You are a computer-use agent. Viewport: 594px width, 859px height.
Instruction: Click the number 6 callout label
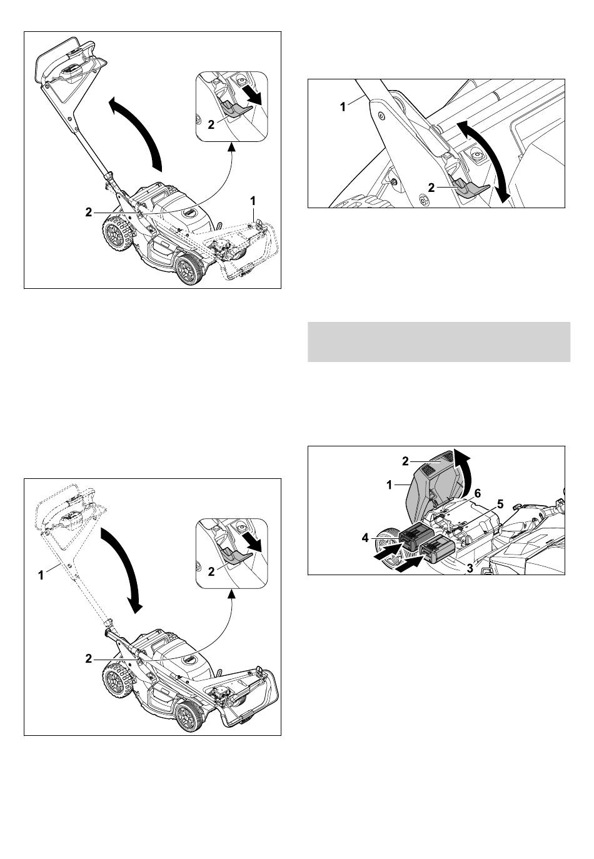[478, 493]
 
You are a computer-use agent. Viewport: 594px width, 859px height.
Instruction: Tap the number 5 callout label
[500, 505]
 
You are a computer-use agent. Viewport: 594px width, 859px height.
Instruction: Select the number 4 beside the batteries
[365, 538]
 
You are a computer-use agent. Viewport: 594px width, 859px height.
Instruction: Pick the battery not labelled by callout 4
[438, 551]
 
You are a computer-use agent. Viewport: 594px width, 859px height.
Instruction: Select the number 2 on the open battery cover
[406, 462]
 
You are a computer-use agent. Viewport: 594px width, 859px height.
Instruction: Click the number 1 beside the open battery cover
[390, 486]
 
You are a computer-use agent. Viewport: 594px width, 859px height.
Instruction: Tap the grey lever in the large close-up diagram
[468, 188]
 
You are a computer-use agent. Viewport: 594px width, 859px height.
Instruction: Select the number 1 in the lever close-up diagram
[343, 107]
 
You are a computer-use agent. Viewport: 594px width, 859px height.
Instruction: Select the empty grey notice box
[439, 342]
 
